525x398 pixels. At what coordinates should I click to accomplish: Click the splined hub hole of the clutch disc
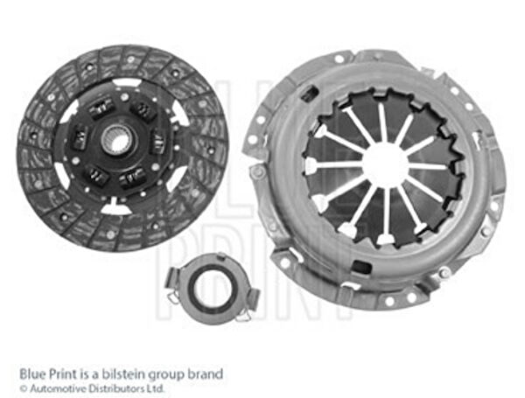(115, 139)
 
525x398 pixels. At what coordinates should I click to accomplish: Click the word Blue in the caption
(32, 374)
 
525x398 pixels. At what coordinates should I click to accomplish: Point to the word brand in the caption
(206, 374)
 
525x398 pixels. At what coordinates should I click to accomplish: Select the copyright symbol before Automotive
(23, 389)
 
